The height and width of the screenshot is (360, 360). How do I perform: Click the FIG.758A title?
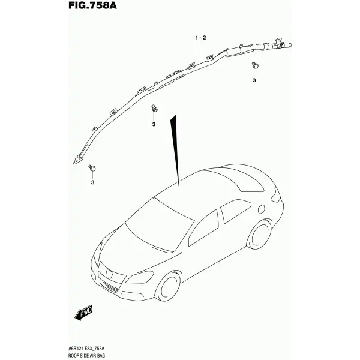pyautogui.click(x=92, y=5)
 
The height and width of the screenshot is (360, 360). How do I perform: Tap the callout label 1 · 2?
pyautogui.click(x=200, y=38)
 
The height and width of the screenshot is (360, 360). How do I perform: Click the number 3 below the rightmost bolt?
pyautogui.click(x=254, y=80)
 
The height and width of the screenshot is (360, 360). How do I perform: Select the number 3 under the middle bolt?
pyautogui.click(x=154, y=124)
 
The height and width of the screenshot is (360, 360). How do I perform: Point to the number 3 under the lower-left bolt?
pyautogui.click(x=92, y=182)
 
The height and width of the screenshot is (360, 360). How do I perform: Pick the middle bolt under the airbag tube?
pyautogui.click(x=154, y=109)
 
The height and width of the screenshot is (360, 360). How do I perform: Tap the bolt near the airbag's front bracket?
pyautogui.click(x=92, y=168)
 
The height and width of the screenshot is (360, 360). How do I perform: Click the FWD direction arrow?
pyautogui.click(x=83, y=313)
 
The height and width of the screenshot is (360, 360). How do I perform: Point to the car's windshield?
pyautogui.click(x=160, y=224)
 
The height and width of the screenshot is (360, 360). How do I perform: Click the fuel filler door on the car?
pyautogui.click(x=261, y=209)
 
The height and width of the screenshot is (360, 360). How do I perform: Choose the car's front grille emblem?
pyautogui.click(x=109, y=273)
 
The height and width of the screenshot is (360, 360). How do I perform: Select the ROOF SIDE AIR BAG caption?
pyautogui.click(x=87, y=356)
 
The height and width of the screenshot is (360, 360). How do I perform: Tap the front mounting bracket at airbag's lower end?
pyautogui.click(x=79, y=159)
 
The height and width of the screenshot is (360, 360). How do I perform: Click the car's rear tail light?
pyautogui.click(x=276, y=195)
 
